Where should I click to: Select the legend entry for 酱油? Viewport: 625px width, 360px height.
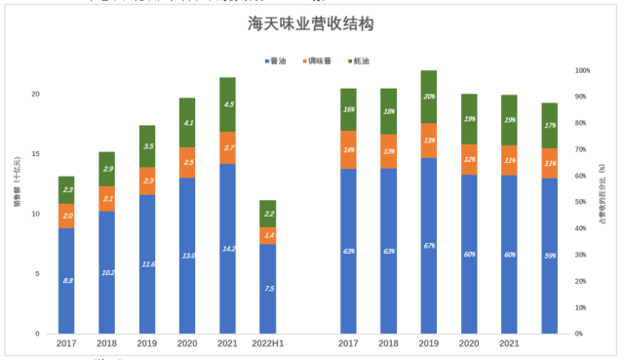(x=282, y=61)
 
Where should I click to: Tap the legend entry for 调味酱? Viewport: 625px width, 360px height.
(x=316, y=61)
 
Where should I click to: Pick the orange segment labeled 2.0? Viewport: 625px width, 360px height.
(x=66, y=216)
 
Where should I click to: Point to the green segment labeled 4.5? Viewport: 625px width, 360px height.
(x=227, y=104)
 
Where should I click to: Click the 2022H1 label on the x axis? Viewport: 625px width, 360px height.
(x=267, y=343)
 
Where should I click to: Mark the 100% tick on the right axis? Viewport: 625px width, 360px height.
(x=583, y=71)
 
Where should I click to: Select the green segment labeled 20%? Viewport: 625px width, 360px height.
(x=429, y=97)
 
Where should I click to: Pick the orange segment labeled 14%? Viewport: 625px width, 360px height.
(x=348, y=150)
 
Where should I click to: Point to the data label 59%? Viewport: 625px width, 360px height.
(x=550, y=257)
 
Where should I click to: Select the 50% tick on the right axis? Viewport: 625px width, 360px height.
(x=582, y=203)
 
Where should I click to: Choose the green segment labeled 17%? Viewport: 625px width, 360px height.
(x=550, y=125)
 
